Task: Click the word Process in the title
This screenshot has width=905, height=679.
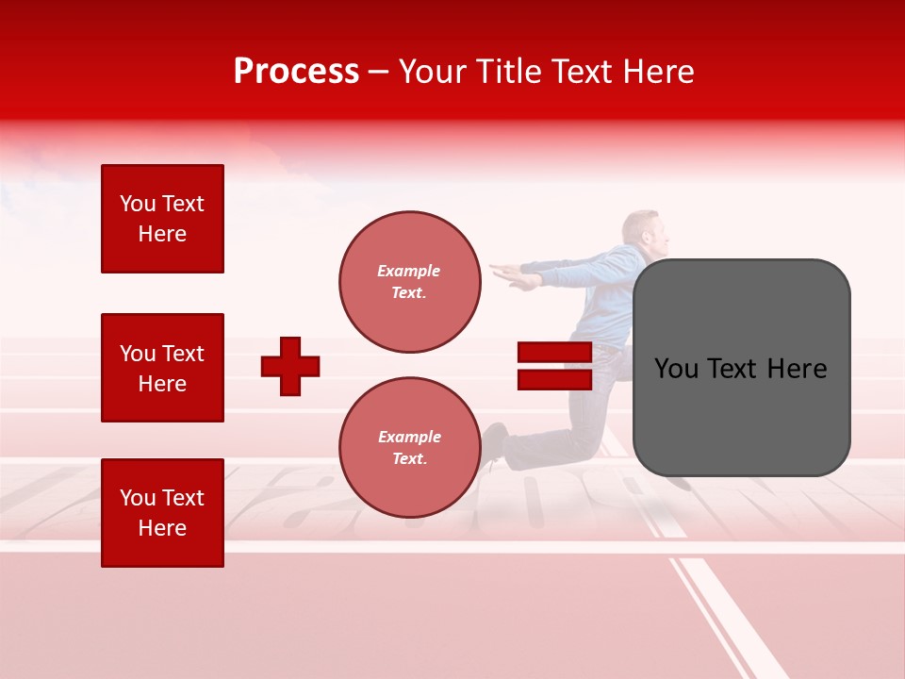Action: [x=296, y=72]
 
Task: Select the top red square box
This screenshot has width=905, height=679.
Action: [x=162, y=219]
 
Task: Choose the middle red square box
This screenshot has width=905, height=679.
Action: [x=162, y=368]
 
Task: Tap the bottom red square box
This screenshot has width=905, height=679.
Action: [x=162, y=513]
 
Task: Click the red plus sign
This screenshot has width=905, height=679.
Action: [x=290, y=366]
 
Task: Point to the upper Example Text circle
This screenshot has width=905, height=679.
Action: [x=409, y=282]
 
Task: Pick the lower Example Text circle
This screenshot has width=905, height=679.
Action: [x=409, y=448]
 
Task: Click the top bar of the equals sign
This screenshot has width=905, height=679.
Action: [x=554, y=353]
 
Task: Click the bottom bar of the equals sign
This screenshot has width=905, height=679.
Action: [x=554, y=379]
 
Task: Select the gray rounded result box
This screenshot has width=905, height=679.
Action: [x=741, y=368]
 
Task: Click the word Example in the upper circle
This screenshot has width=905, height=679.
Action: [x=408, y=271]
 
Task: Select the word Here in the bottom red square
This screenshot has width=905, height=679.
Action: [x=162, y=528]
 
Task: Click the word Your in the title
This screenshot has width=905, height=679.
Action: [x=433, y=72]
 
